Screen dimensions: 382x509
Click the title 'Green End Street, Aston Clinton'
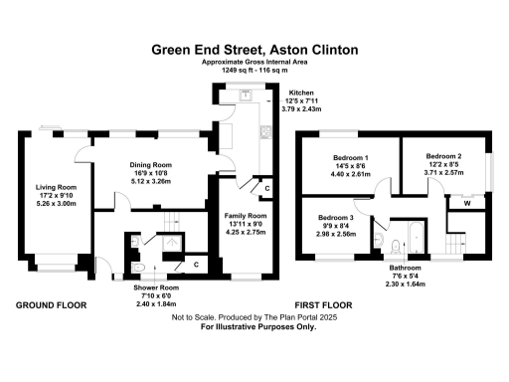click(x=255, y=48)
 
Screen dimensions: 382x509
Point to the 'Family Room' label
click(x=244, y=216)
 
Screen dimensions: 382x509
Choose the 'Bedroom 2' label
click(x=444, y=156)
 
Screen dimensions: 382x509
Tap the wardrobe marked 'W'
click(x=465, y=204)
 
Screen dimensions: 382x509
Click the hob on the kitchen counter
click(x=263, y=130)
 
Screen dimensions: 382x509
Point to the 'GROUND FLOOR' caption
click(x=52, y=304)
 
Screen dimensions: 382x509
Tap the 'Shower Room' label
click(x=156, y=287)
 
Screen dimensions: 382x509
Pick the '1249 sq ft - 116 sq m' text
click(x=255, y=70)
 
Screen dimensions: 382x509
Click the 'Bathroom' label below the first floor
click(x=405, y=269)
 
